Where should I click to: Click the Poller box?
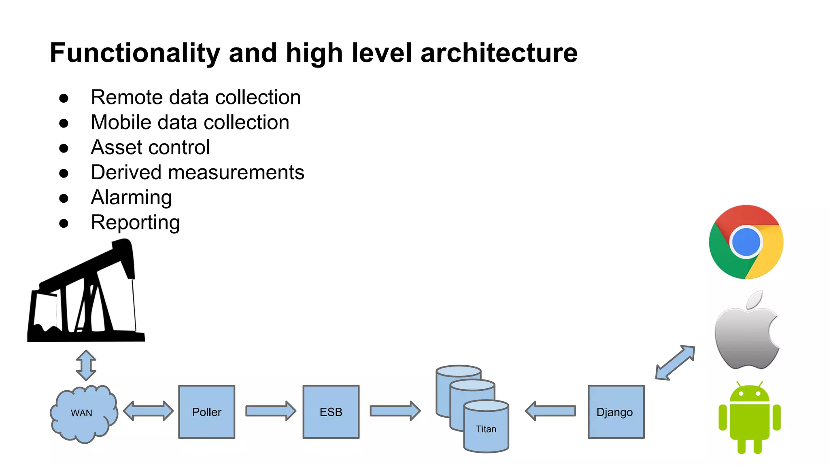point(206,412)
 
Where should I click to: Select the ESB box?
point(331,412)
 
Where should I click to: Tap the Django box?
point(616,412)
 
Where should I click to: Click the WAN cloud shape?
point(83,413)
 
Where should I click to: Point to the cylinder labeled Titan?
point(486,429)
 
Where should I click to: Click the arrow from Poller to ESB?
point(270,411)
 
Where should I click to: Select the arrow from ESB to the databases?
point(395,411)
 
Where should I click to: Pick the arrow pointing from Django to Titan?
point(551,411)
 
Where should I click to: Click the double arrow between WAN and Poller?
point(148,411)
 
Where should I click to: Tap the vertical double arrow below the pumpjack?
point(86,365)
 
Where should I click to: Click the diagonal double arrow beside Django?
point(675,363)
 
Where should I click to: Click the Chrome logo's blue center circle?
point(746,242)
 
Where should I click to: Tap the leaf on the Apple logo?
point(755,300)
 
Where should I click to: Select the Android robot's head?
point(750,394)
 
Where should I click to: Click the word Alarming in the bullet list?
point(131,197)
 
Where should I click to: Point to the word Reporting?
point(135,222)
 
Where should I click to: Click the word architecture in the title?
point(499,53)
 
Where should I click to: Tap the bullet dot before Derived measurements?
point(64,173)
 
